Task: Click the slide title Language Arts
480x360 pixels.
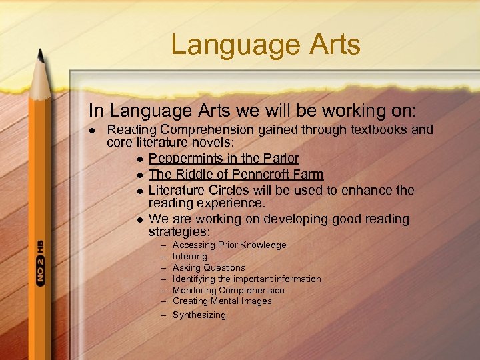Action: coord(265,45)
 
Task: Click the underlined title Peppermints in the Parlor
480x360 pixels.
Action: coord(223,159)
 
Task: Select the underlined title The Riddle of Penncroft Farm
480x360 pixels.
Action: coord(235,174)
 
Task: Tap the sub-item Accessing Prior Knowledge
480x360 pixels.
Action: coord(229,245)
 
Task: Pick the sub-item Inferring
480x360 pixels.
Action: coord(189,257)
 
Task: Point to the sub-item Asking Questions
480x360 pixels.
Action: coord(208,268)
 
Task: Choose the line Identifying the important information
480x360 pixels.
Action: coord(246,279)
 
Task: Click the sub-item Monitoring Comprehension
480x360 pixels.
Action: coord(228,291)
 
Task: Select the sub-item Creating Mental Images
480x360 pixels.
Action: coord(221,301)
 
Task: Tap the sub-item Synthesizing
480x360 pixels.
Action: coord(199,315)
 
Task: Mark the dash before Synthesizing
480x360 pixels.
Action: coord(163,315)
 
